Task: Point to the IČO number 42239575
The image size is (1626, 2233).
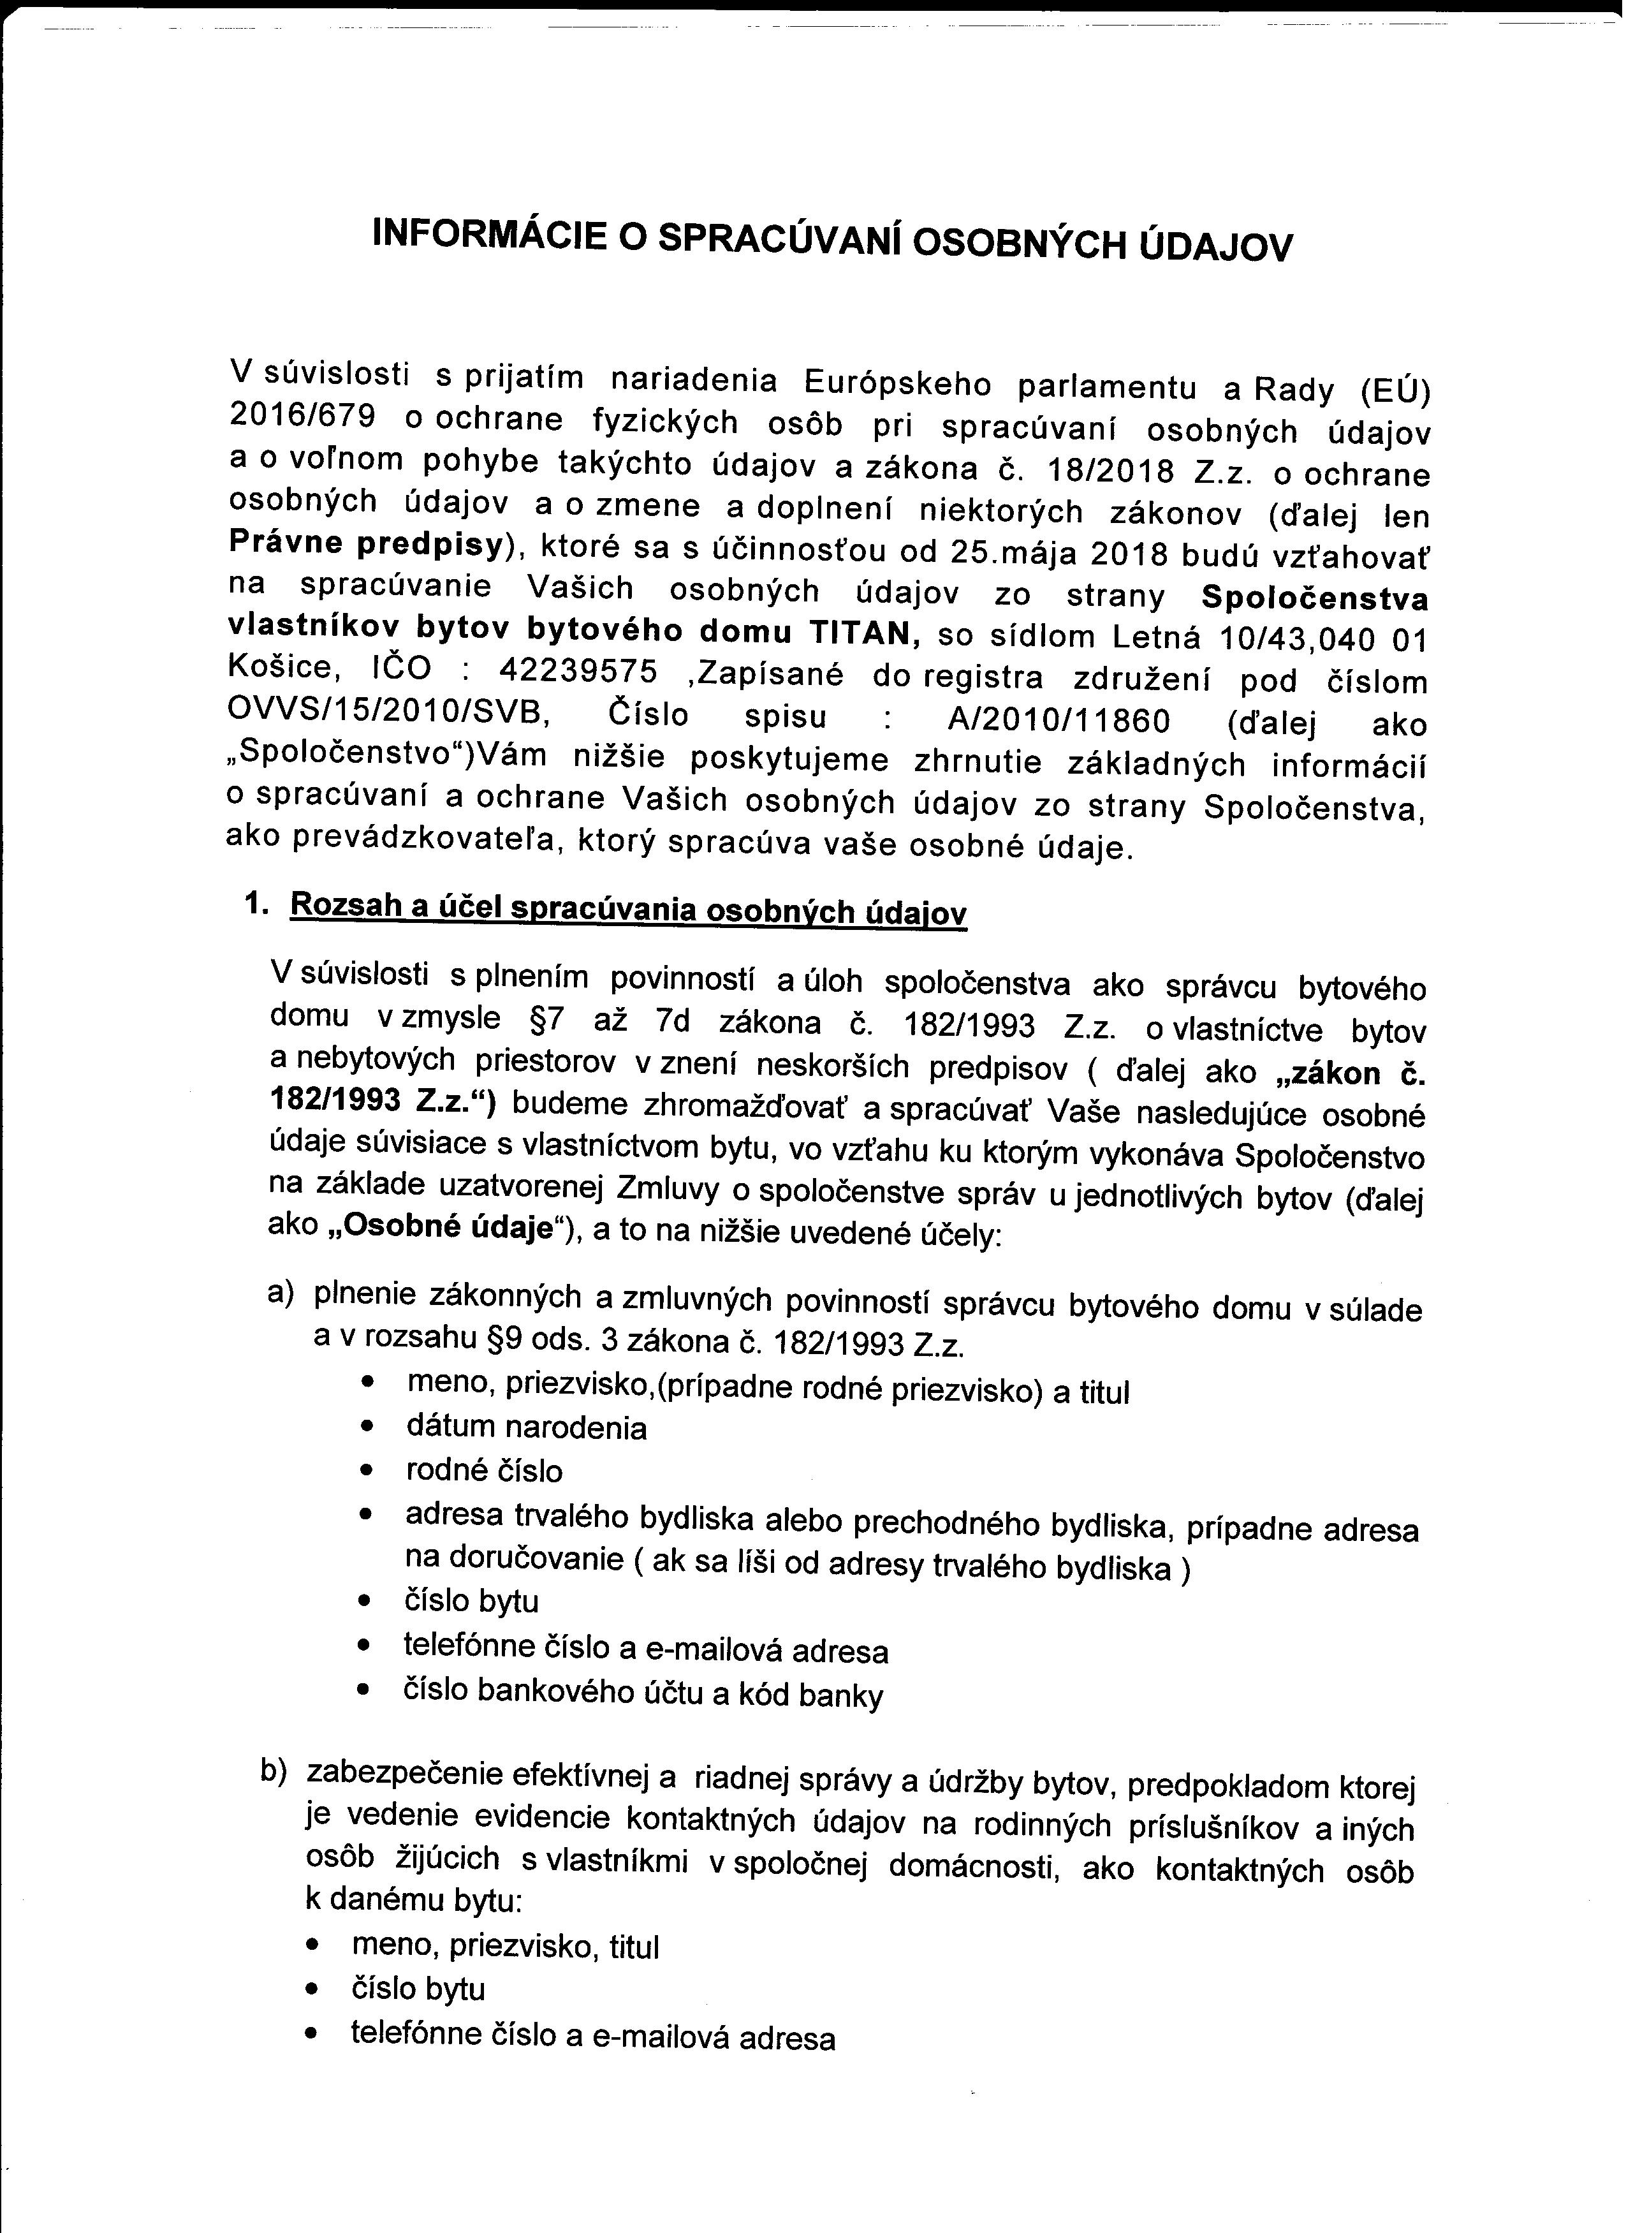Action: [x=579, y=672]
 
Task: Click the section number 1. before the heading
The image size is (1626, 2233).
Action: [x=258, y=904]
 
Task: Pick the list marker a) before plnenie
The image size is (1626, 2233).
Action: [x=281, y=1293]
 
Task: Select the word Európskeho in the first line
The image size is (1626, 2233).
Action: [x=898, y=382]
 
